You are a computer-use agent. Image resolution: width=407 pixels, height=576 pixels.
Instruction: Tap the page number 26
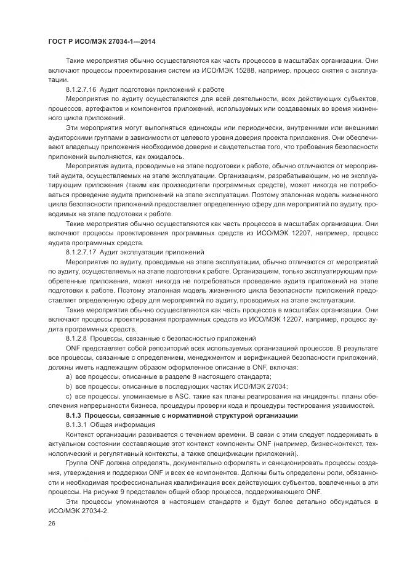tap(51, 522)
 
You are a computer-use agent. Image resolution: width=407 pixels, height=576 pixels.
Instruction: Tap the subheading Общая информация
tap(115, 426)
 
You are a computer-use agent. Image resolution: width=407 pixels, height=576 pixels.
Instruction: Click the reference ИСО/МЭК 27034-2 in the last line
tap(76, 513)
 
